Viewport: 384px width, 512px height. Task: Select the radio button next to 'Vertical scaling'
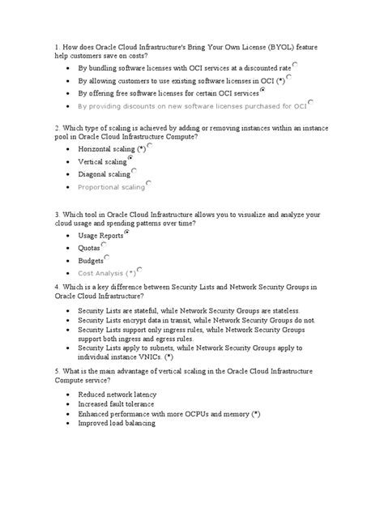131,160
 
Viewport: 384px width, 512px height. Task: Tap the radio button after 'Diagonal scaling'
134,172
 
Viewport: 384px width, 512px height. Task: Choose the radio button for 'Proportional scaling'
148,184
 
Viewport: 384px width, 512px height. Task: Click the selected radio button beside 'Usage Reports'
127,232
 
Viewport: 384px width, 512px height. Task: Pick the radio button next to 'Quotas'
107,245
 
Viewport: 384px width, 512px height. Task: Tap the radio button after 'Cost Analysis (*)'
140,271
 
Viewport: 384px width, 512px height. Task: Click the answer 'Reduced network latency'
117,394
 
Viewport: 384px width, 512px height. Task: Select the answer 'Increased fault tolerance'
118,403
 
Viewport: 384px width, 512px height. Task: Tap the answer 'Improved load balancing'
117,423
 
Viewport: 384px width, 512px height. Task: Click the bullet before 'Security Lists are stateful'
65,311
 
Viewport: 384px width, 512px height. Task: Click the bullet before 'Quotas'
65,249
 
